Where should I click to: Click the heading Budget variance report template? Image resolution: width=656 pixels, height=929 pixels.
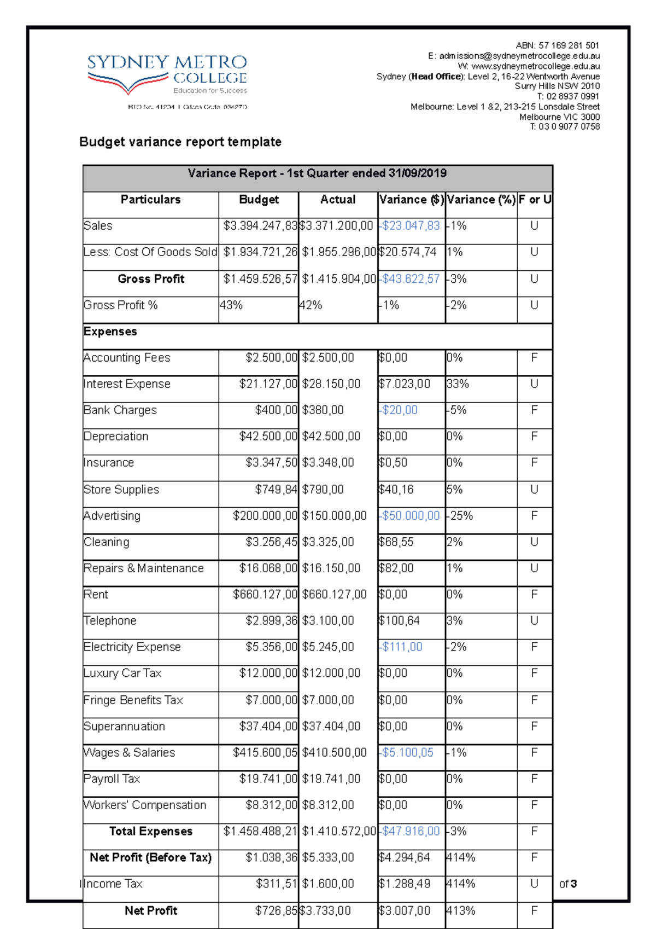pos(180,142)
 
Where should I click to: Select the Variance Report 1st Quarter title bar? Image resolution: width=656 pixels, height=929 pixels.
pos(317,173)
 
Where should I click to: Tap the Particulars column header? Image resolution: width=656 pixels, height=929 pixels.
pos(150,200)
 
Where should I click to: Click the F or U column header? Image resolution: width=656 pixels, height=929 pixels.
pos(534,200)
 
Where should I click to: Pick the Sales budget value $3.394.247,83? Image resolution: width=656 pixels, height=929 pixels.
pos(260,226)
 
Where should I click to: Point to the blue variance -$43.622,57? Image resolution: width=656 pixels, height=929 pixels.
pos(410,279)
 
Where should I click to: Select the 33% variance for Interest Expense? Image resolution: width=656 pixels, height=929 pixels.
pos(458,384)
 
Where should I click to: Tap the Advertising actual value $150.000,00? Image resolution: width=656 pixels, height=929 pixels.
pos(334,516)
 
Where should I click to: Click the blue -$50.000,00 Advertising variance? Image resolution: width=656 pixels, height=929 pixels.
pos(410,516)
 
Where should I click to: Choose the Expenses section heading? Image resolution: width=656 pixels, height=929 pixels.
pos(110,332)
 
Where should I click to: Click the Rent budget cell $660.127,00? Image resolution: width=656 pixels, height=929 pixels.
pos(265,595)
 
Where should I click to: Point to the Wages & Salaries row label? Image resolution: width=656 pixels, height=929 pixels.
pos(130,753)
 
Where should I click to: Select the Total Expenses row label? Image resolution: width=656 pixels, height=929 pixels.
pos(151,832)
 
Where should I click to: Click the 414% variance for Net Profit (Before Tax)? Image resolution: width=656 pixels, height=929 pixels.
pos(461,858)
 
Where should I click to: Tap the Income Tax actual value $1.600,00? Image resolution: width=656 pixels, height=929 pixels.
pos(328,884)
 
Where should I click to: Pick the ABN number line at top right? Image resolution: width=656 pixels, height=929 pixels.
pos(557,45)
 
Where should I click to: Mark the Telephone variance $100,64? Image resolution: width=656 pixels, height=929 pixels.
pos(399,621)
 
